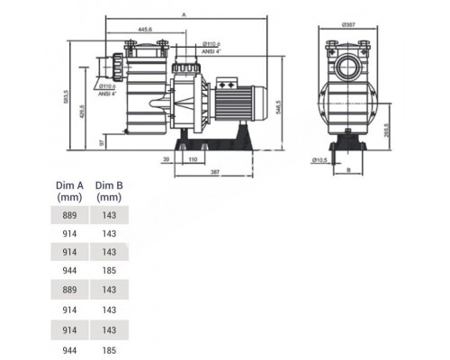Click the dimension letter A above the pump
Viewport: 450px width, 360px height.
[x=184, y=15]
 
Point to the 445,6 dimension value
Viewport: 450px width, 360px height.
[x=139, y=28]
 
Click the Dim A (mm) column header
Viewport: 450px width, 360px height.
[x=70, y=191]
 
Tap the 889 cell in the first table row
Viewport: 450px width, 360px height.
[x=70, y=217]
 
